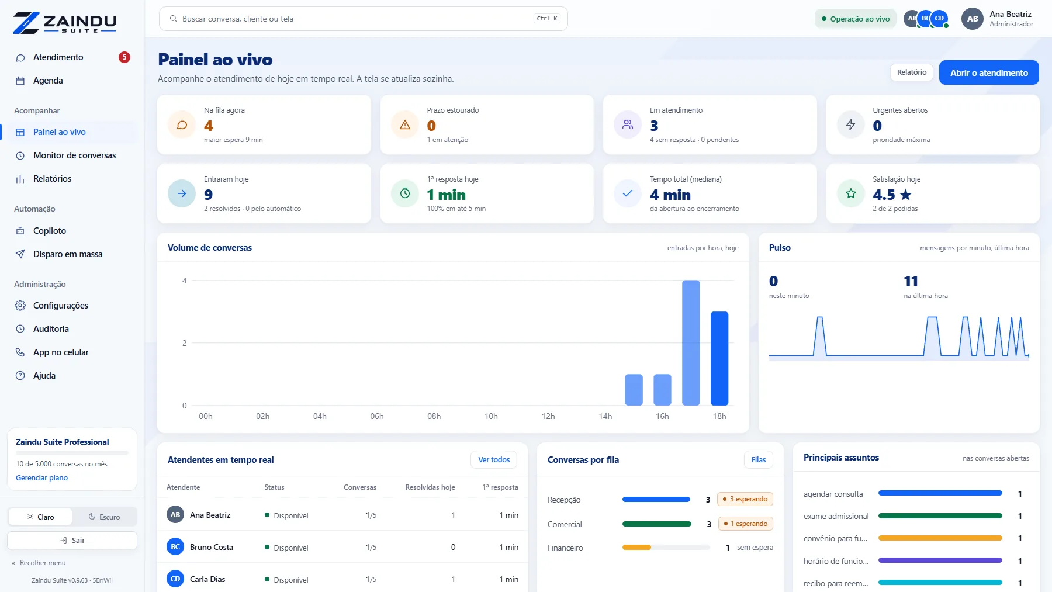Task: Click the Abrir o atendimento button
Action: pos(989,72)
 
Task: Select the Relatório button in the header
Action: pos(912,72)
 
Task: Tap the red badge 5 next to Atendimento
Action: pos(124,57)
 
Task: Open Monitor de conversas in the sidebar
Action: pos(74,155)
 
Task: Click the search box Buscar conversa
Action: pos(363,19)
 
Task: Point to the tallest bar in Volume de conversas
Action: pos(691,342)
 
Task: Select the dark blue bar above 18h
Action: pos(719,358)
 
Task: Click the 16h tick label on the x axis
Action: pos(662,416)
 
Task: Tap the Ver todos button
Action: pos(494,460)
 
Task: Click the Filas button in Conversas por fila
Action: pos(759,460)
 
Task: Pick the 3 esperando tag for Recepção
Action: pos(745,499)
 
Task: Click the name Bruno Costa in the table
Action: pos(212,547)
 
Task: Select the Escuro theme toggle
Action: pos(105,517)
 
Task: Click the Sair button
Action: pos(72,541)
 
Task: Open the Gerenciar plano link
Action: pos(41,478)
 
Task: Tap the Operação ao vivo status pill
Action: pos(855,19)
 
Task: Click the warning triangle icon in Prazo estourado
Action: pos(405,124)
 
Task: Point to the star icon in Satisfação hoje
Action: pos(851,193)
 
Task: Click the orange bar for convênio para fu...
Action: pos(940,538)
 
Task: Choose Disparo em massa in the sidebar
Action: pos(68,254)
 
